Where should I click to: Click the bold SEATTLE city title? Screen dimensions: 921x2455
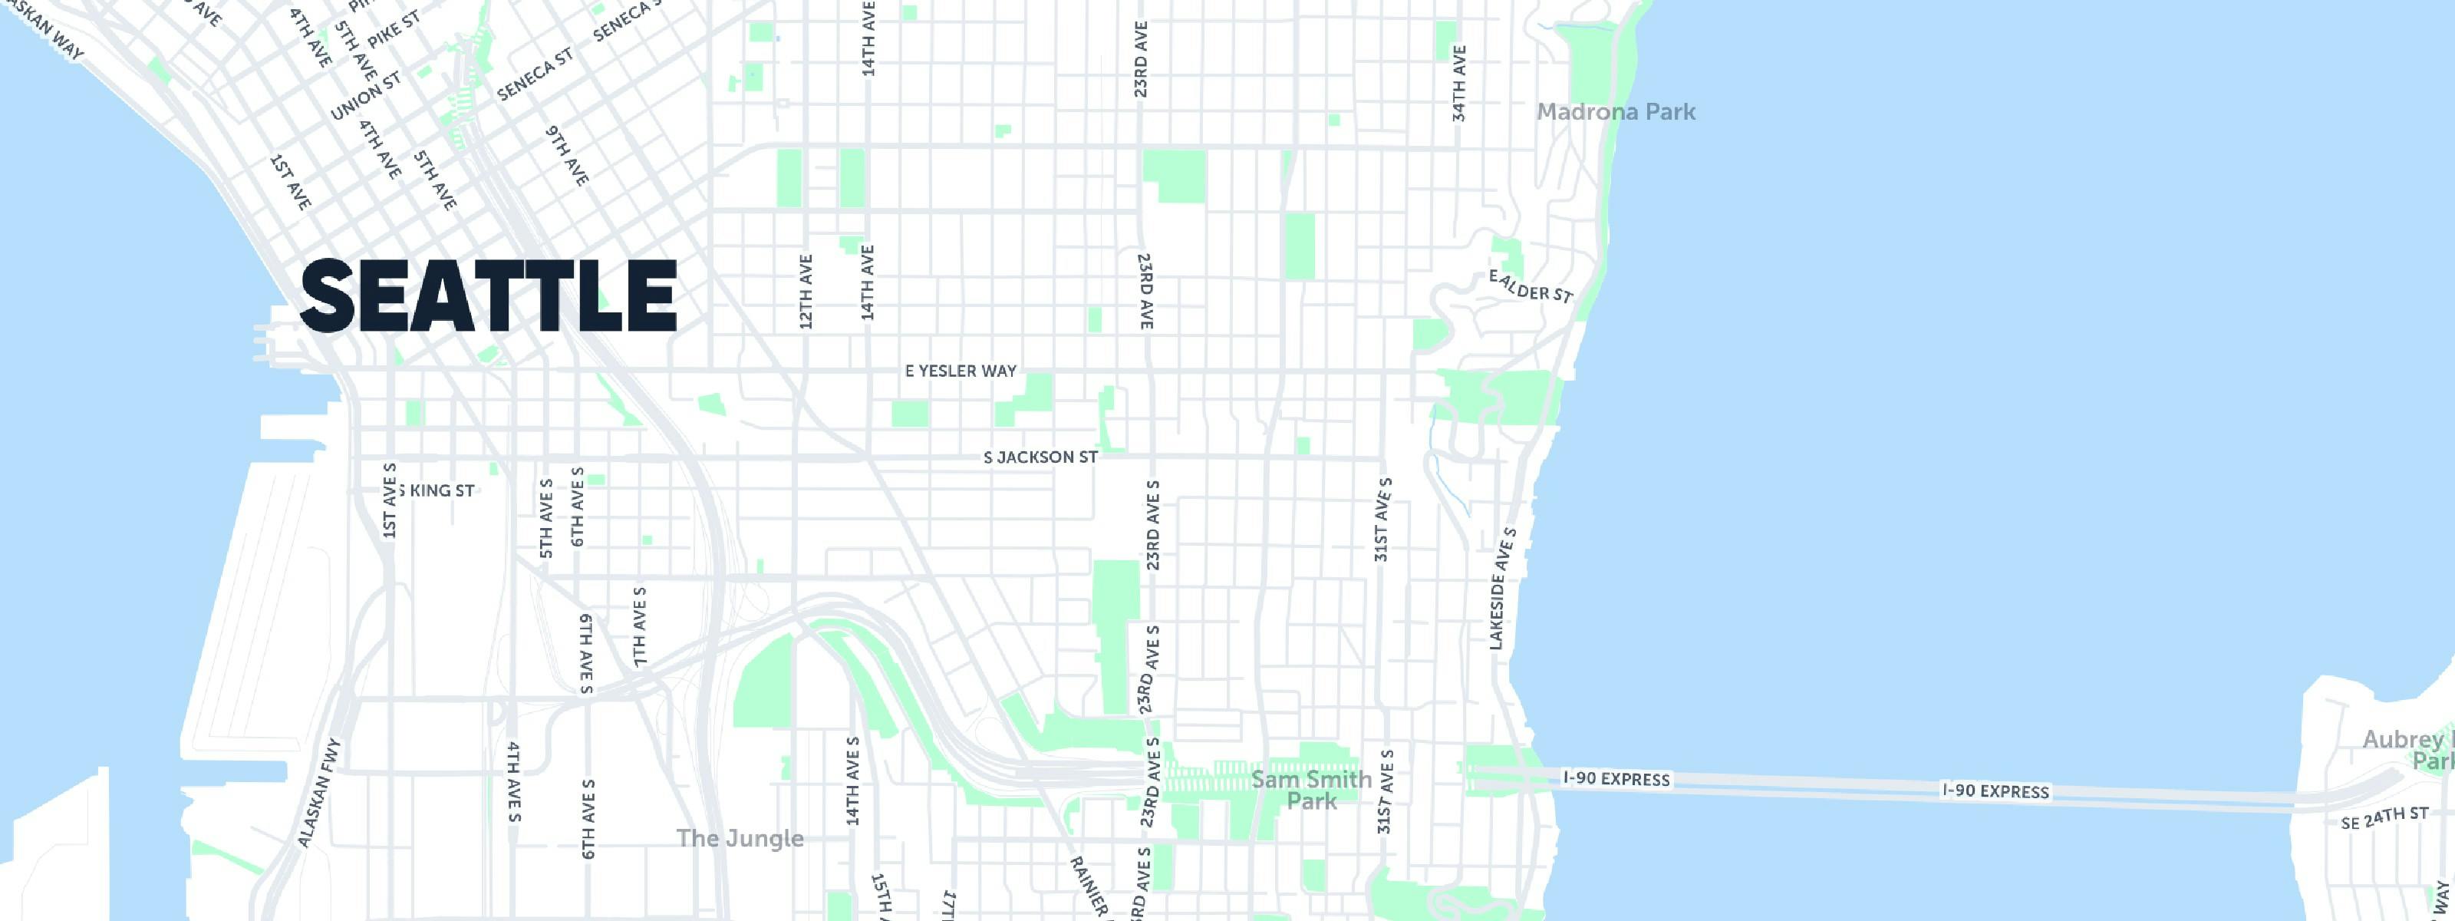pos(488,295)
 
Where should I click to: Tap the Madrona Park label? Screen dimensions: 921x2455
pos(1616,111)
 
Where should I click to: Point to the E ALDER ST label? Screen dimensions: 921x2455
pos(1530,286)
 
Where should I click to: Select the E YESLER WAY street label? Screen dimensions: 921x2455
pos(961,371)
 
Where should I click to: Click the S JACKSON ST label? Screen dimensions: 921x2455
pos(1041,457)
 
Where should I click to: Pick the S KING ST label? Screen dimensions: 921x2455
pos(437,491)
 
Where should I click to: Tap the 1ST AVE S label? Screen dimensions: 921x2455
pos(389,500)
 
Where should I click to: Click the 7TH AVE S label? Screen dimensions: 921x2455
pos(640,626)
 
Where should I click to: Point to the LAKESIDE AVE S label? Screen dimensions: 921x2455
pos(1502,588)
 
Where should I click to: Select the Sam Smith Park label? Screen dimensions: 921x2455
pos(1311,791)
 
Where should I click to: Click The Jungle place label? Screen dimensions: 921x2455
pos(740,839)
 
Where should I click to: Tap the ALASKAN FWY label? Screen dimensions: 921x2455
pos(318,794)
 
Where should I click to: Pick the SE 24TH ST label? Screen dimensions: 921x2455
pos(2384,818)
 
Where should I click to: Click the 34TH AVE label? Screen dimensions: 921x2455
pos(1459,83)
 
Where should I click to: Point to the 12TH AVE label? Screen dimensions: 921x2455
pos(806,292)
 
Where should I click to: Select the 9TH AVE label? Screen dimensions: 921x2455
pos(567,155)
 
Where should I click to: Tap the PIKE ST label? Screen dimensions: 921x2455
pos(394,31)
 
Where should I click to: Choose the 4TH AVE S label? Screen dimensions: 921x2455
pos(514,781)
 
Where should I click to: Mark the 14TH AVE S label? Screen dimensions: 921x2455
pos(853,781)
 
